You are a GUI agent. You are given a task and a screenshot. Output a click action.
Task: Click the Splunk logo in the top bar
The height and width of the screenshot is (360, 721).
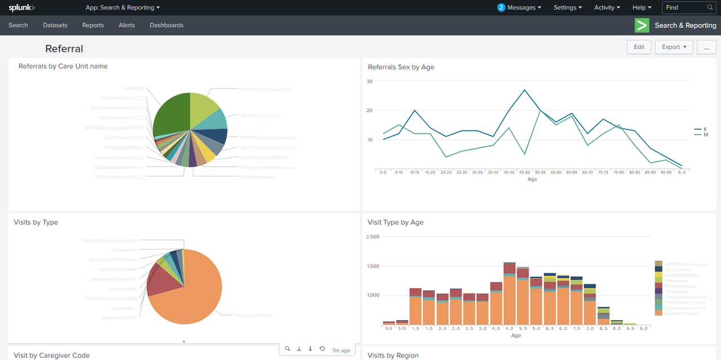21,8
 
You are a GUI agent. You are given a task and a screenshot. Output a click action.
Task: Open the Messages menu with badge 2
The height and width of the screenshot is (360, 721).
519,8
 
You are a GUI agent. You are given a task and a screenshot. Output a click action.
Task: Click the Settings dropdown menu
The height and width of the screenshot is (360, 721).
568,8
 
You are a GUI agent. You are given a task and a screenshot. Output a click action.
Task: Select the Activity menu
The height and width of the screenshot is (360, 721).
607,8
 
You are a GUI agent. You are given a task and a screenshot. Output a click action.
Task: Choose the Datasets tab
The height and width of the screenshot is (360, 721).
55,25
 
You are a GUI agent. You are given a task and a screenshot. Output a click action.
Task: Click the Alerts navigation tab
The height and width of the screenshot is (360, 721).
127,25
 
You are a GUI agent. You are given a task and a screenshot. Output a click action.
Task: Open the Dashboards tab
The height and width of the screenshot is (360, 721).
166,25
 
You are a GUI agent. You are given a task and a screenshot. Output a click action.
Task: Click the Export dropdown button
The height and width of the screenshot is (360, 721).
674,47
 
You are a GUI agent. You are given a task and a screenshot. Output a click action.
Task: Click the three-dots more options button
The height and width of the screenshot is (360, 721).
706,47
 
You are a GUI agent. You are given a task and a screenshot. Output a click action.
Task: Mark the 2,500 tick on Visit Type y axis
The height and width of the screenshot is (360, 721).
373,237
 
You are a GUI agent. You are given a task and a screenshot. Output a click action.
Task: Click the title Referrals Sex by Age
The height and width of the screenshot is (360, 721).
401,67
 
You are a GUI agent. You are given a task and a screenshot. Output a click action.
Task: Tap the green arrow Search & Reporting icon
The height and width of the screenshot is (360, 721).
642,25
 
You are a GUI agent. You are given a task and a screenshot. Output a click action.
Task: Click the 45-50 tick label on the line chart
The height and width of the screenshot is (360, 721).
524,172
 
